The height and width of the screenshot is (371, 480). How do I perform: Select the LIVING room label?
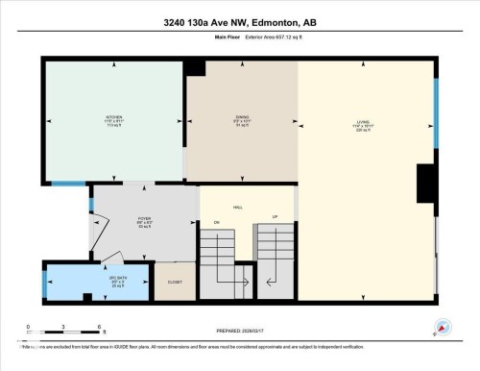363,122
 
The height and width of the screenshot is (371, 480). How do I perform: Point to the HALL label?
238,207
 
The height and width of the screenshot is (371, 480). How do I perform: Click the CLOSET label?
175,282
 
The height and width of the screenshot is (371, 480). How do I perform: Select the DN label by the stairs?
217,221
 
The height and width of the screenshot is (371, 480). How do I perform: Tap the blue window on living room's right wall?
436,106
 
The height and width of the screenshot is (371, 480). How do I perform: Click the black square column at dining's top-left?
195,67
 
